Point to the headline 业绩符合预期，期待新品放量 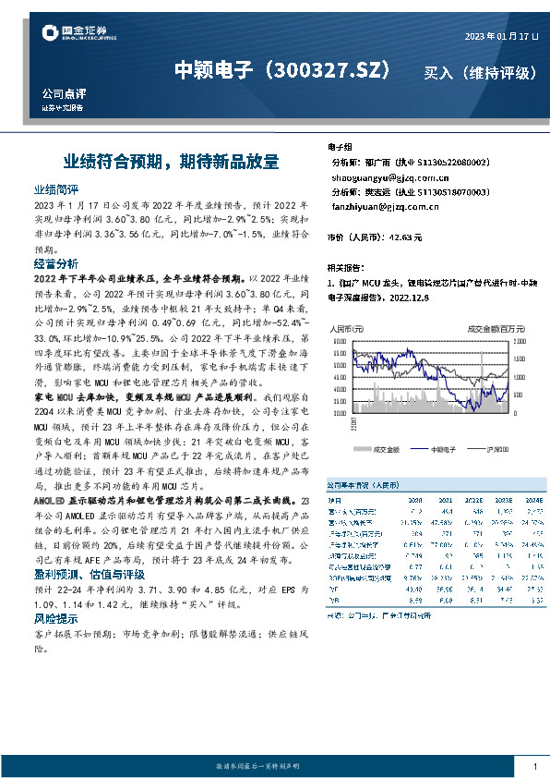pyautogui.click(x=171, y=161)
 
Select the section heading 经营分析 pyautogui.click(x=56, y=264)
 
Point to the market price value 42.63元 pyautogui.click(x=406, y=237)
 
